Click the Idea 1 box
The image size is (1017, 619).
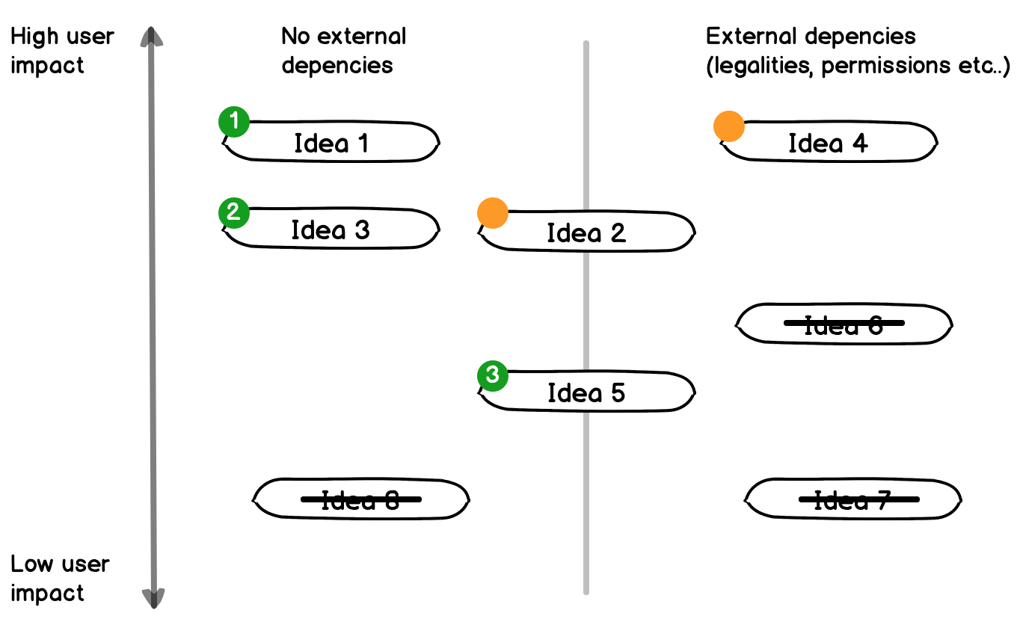click(331, 142)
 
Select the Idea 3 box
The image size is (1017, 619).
click(331, 230)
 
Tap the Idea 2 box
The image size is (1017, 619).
click(587, 232)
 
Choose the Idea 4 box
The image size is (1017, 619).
click(828, 142)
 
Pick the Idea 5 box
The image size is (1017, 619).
click(587, 392)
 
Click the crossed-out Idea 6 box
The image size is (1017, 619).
click(844, 324)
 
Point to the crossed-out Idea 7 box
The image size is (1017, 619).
click(853, 499)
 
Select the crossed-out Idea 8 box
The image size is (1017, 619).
click(361, 499)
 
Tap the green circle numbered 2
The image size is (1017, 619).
click(233, 212)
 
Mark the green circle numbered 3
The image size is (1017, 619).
click(493, 375)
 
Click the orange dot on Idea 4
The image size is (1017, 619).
click(729, 126)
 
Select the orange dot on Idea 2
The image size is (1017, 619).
click(493, 213)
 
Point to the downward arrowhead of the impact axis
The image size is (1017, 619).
click(153, 597)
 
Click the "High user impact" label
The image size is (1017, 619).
click(62, 51)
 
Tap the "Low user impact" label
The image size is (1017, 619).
click(60, 579)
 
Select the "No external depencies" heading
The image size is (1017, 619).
click(343, 51)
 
